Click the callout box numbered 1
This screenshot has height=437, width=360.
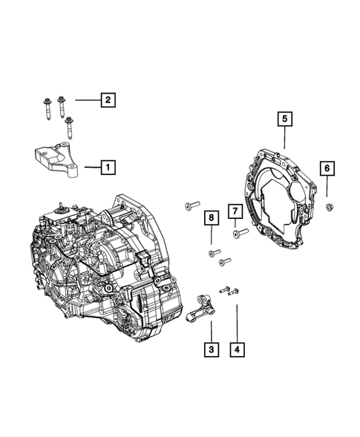coord(108,167)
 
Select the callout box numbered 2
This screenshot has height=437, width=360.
coord(108,99)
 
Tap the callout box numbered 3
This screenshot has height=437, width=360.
coord(211,349)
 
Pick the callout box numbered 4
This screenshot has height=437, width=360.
coord(237,349)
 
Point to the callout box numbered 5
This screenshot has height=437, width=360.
coord(284,119)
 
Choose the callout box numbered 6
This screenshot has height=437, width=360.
coord(327,168)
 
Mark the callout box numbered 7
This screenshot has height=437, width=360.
coord(235,211)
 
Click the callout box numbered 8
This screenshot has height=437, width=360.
coord(211,217)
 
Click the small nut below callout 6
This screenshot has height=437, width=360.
coord(330,207)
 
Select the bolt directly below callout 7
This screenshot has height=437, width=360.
coord(240,233)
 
